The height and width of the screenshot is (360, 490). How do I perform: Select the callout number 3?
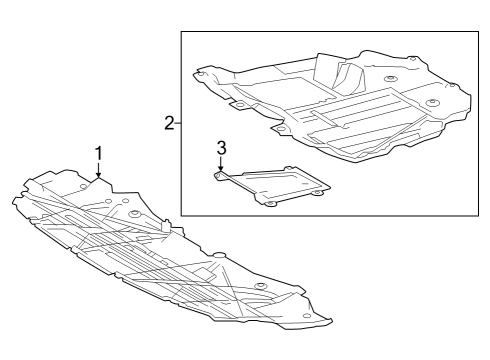(221, 147)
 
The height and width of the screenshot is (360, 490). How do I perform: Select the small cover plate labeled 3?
(274, 185)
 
